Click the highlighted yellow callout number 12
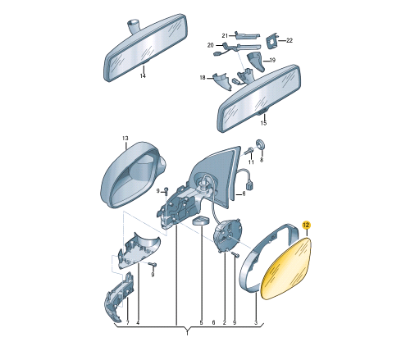pyautogui.click(x=306, y=226)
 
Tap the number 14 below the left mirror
pyautogui.click(x=143, y=75)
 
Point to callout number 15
pyautogui.click(x=263, y=123)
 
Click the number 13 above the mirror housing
pyautogui.click(x=125, y=139)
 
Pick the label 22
pyautogui.click(x=290, y=40)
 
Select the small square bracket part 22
pyautogui.click(x=272, y=42)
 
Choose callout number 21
pyautogui.click(x=225, y=35)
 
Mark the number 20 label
pyautogui.click(x=210, y=45)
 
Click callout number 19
pyautogui.click(x=272, y=60)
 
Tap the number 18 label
pyautogui.click(x=203, y=78)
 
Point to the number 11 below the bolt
pyautogui.click(x=251, y=162)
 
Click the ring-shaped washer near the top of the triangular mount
pyautogui.click(x=259, y=144)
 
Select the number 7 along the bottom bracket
pyautogui.click(x=127, y=323)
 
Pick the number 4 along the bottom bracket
pyautogui.click(x=138, y=323)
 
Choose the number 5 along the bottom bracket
pyautogui.click(x=201, y=323)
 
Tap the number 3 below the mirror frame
pyautogui.click(x=256, y=323)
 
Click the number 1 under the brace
pyautogui.click(x=187, y=333)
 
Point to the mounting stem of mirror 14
pyautogui.click(x=134, y=26)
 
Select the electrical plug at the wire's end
pyautogui.click(x=250, y=186)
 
